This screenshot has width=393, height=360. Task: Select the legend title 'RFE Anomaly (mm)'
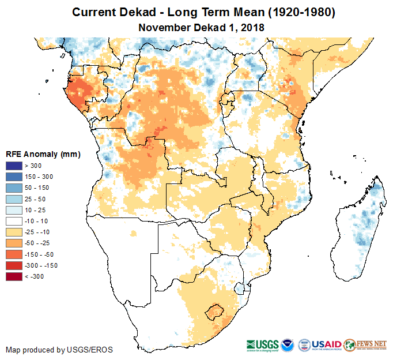coord(43,155)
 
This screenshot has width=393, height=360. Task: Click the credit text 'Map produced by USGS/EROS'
coord(59,350)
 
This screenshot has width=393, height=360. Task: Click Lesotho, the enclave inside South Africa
coord(216,313)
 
